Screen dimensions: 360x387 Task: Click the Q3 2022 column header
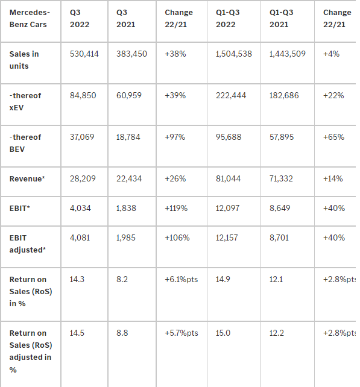[x=80, y=19]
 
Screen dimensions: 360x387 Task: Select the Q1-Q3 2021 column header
[x=281, y=19]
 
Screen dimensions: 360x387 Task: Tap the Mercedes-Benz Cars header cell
[x=30, y=19]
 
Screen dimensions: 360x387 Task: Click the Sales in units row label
[x=24, y=60]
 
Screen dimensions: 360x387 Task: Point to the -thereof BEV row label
[x=25, y=143]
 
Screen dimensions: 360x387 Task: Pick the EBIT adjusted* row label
[x=27, y=244]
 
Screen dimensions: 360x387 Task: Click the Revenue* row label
[x=27, y=178]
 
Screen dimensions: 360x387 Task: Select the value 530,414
[x=84, y=54]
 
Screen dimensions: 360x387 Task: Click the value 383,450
[x=131, y=54]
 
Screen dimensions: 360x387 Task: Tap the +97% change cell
[x=175, y=137]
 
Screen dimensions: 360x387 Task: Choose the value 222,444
[x=231, y=95]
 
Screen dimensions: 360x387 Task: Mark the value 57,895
[x=282, y=137]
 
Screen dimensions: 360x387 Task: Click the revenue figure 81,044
[x=228, y=178]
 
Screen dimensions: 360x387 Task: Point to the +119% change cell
[x=176, y=209]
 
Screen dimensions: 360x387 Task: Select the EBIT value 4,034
[x=80, y=209]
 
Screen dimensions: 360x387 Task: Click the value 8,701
[x=279, y=238]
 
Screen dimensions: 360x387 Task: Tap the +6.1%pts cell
[x=182, y=279]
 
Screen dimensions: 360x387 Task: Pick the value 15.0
[x=223, y=333]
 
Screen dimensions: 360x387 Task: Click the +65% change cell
[x=333, y=137]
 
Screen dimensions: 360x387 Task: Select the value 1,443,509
[x=288, y=54]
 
